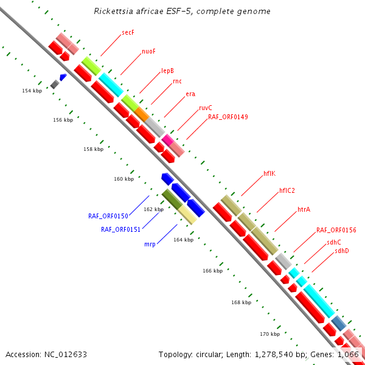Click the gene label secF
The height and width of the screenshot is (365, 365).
[x=128, y=32]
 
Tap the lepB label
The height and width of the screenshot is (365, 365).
[x=167, y=70]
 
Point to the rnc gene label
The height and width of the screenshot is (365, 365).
[x=177, y=81]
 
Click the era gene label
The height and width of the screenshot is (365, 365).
[x=190, y=94]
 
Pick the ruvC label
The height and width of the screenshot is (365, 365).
[x=206, y=108]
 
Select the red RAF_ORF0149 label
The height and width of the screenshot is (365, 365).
[x=228, y=117]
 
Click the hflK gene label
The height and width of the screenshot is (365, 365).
[x=269, y=173]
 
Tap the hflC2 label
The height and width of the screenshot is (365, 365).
[x=287, y=190]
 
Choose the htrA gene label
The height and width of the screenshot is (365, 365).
[x=304, y=209]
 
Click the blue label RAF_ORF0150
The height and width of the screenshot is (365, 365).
[x=108, y=216]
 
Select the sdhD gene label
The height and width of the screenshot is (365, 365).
[x=342, y=250]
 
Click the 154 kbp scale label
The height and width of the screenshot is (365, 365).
[x=32, y=91]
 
